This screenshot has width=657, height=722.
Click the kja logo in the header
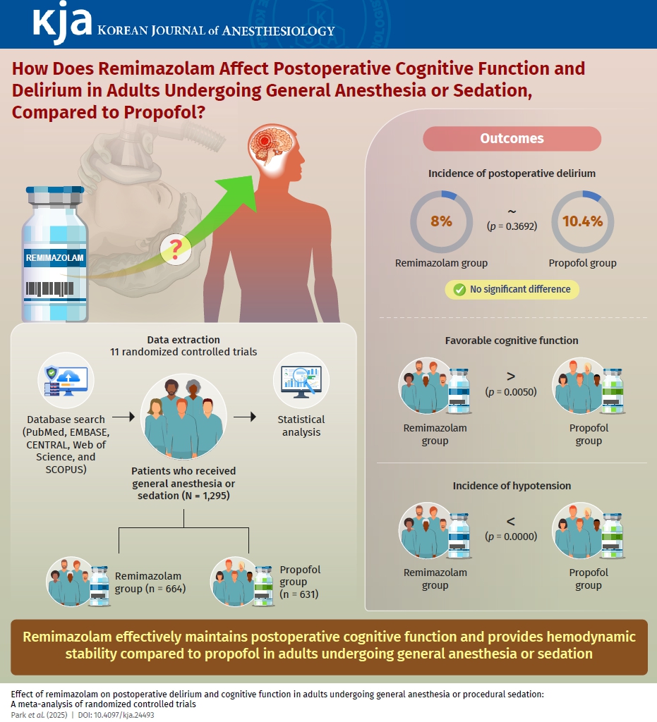(62, 23)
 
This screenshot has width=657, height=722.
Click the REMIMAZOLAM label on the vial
(54, 258)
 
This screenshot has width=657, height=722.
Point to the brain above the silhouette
(270, 145)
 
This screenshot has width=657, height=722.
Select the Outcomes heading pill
(512, 138)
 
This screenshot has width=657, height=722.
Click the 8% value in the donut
(441, 221)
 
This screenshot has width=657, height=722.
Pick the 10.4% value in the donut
(582, 221)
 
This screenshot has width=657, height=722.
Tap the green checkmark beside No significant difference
(459, 289)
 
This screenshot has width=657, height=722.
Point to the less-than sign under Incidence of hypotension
(511, 522)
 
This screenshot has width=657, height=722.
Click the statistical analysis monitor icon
(301, 381)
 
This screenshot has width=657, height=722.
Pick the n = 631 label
(299, 594)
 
